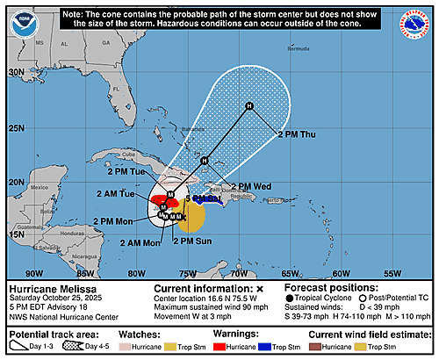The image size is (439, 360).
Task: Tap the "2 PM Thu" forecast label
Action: [x=299, y=134]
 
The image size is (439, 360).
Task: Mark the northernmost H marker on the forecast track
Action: [x=249, y=106]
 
